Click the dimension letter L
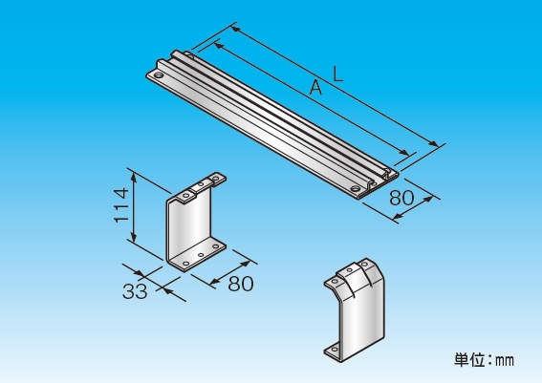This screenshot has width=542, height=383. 337,74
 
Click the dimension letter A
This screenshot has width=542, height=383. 315,87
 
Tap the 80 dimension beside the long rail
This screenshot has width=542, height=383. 401,198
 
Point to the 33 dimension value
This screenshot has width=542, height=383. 135,291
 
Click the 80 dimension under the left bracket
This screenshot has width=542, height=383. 241,284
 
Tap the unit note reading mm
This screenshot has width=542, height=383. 505,361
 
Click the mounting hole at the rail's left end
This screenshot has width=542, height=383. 159,74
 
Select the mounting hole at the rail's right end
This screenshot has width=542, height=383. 355,188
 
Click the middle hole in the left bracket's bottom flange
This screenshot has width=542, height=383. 201,255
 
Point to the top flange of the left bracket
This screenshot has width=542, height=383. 201,187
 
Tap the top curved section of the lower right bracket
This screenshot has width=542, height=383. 353,276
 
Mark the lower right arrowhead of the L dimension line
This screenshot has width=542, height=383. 433,144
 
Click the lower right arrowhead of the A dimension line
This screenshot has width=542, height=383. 403,153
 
